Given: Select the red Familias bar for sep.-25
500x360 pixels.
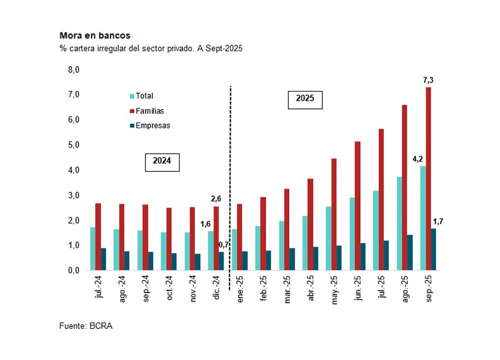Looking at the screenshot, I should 428,178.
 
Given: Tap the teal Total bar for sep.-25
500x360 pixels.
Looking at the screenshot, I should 423,218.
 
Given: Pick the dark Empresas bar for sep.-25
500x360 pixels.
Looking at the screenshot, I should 433,249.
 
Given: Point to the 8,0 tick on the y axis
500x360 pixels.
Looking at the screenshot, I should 74,69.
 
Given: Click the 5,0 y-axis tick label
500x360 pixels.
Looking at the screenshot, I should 74,145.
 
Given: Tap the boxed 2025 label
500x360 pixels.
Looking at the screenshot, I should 305,99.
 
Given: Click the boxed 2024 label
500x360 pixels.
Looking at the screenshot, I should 162,161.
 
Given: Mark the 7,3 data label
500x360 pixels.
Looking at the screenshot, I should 428,80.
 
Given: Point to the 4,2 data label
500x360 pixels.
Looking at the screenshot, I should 418,159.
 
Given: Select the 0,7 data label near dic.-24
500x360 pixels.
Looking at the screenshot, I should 225,244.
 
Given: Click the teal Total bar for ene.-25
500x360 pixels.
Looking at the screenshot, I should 234,249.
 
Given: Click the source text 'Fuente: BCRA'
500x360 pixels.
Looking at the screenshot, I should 86,326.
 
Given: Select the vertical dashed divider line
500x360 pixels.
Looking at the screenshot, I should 230,176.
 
